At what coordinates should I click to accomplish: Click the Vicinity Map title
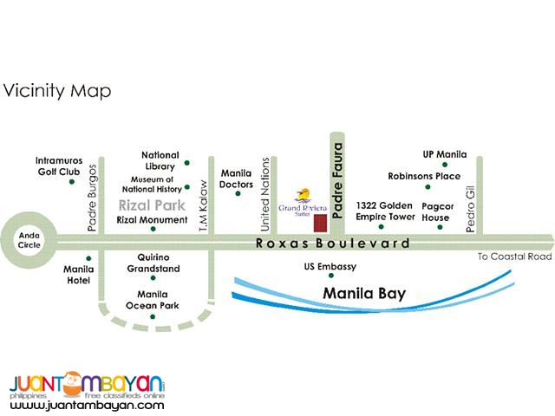click(x=56, y=90)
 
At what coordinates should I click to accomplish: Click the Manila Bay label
click(x=364, y=294)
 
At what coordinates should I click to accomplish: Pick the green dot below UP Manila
click(x=444, y=164)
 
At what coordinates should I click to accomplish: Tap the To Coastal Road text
click(x=514, y=257)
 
